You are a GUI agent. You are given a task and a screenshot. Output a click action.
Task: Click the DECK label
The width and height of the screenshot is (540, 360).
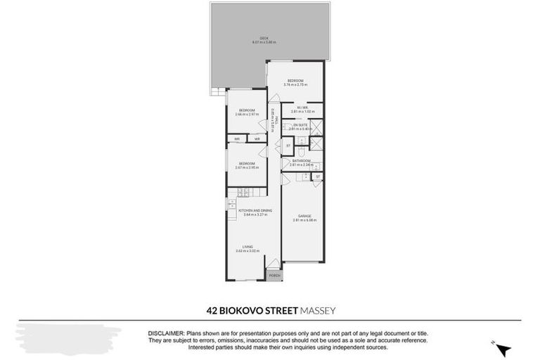pyautogui.click(x=264, y=39)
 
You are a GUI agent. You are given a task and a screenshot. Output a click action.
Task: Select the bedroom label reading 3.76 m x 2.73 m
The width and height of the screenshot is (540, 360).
pyautogui.click(x=294, y=81)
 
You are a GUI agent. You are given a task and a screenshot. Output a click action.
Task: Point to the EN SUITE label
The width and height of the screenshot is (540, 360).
pyautogui.click(x=300, y=125)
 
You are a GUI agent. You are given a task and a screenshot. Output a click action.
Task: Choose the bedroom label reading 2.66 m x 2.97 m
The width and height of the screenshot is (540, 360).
pyautogui.click(x=246, y=110)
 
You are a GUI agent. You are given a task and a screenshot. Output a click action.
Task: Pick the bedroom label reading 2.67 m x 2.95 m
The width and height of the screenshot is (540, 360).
pyautogui.click(x=246, y=164)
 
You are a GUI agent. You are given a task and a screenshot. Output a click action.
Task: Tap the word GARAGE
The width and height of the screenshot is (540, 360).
pyautogui.click(x=304, y=217)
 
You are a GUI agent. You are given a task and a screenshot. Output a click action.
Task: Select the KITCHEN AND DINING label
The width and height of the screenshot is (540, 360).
pyautogui.click(x=255, y=210)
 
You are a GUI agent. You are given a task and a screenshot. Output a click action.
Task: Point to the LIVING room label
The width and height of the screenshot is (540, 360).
pyautogui.click(x=247, y=246)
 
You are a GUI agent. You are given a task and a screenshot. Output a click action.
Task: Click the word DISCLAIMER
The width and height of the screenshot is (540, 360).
pyautogui.click(x=165, y=333)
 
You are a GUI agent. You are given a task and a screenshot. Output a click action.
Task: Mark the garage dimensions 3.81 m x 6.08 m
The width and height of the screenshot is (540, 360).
pyautogui.click(x=304, y=221)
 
